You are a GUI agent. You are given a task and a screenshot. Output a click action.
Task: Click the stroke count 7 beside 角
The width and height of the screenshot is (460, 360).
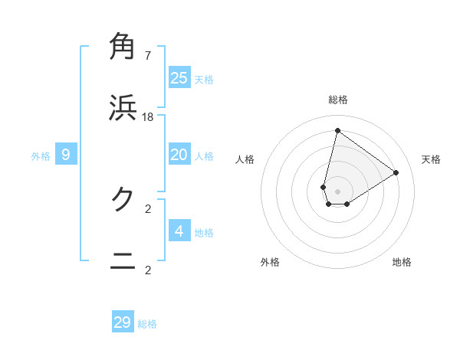tap(148, 55)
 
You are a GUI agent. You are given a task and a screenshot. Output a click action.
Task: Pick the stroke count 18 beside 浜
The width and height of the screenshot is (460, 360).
tap(148, 116)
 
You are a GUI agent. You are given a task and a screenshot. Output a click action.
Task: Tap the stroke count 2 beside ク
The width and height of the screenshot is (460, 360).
tap(148, 208)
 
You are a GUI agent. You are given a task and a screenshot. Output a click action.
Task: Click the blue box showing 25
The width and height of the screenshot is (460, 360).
tap(179, 77)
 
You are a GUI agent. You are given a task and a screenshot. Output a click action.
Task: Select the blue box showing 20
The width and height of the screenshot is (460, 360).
tap(179, 155)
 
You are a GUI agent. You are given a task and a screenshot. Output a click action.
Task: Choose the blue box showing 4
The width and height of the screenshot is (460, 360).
tap(179, 231)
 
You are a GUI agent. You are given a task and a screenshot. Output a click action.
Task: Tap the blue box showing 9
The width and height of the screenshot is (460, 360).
tap(66, 155)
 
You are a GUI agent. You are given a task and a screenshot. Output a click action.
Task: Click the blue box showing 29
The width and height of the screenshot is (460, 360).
tap(123, 322)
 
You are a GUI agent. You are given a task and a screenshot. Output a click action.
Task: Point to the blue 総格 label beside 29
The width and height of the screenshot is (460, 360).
tap(148, 324)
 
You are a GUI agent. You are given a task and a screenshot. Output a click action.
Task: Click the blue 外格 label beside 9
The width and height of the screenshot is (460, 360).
tap(41, 156)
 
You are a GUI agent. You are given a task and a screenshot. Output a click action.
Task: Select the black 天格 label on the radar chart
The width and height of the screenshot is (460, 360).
tap(432, 159)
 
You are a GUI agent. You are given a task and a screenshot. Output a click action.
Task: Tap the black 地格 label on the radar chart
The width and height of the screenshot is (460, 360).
tap(402, 262)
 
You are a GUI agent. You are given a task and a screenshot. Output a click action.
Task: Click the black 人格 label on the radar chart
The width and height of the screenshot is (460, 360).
tap(245, 159)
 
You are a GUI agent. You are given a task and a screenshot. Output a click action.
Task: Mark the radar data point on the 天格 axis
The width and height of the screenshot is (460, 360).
tap(396, 172)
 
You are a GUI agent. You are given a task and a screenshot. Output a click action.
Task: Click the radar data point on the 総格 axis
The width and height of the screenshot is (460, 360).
tap(337, 130)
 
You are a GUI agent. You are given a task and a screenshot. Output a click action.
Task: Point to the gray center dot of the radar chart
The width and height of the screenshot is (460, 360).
tap(337, 191)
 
